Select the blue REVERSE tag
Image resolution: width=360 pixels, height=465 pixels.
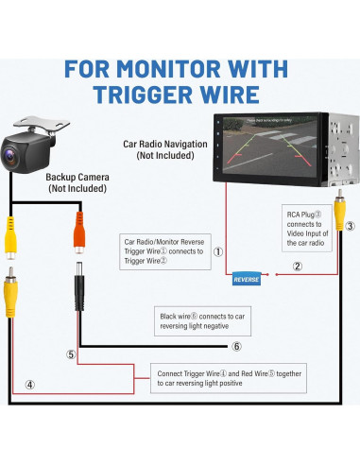[x=248, y=279]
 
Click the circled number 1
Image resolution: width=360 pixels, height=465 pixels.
[x=217, y=252]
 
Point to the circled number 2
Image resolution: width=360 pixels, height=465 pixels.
[x=297, y=267]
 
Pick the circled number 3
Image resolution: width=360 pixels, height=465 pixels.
[x=350, y=226]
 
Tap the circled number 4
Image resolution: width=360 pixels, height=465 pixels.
[x=31, y=385]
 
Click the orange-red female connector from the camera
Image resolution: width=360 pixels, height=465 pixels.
[x=77, y=232]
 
